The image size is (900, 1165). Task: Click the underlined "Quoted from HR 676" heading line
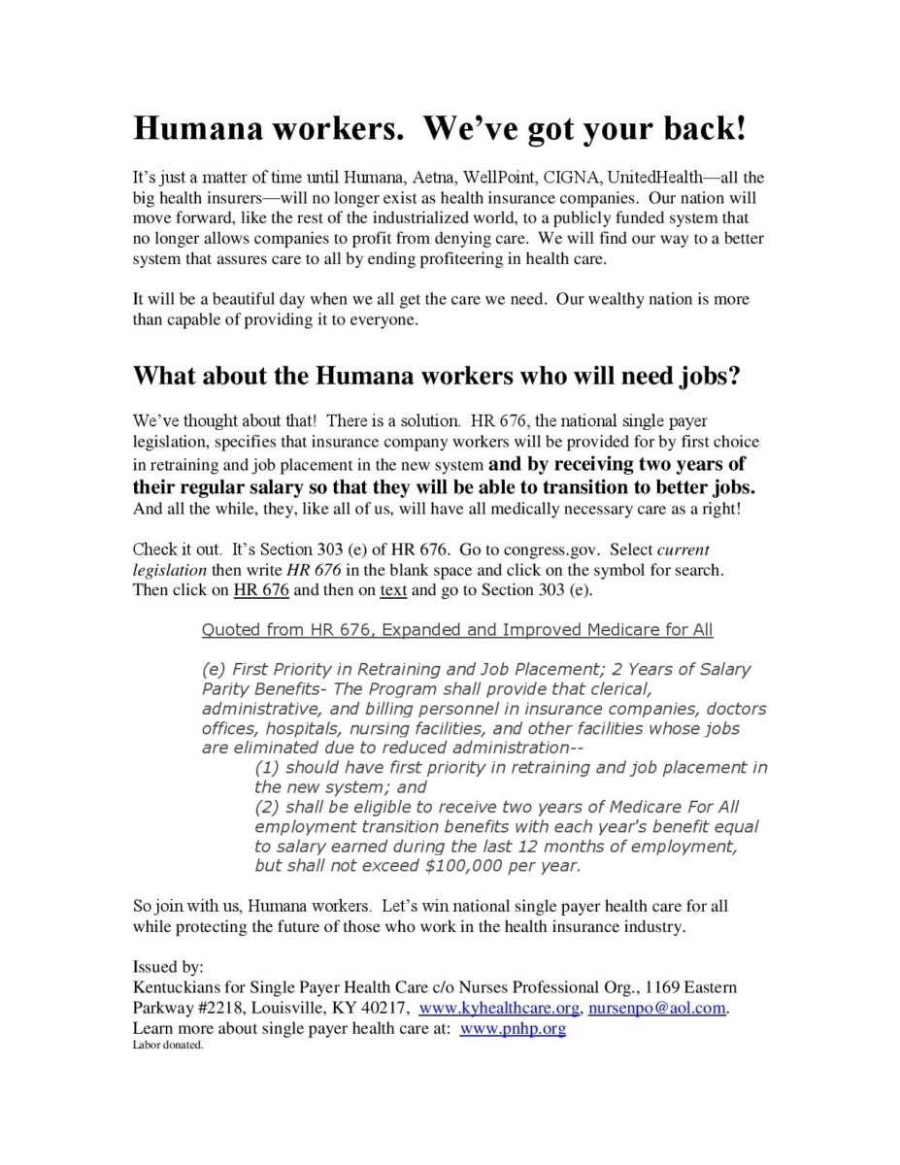pos(456,630)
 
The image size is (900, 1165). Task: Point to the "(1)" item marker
pos(267,767)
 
